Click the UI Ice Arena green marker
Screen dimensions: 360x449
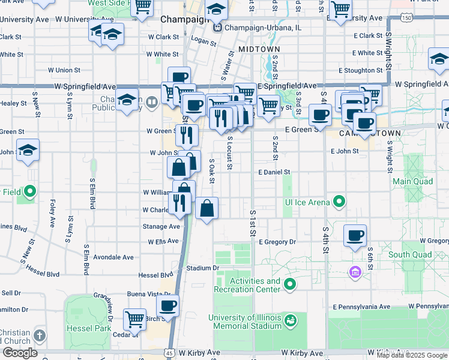pyautogui.click(x=339, y=202)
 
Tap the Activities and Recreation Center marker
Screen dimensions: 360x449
pyautogui.click(x=290, y=284)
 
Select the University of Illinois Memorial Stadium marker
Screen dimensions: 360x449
pyautogui.click(x=291, y=321)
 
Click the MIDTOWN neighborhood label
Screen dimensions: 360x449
pyautogui.click(x=259, y=49)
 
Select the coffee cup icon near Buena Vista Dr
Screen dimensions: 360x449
pyautogui.click(x=167, y=306)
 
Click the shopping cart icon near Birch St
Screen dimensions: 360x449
pyautogui.click(x=134, y=318)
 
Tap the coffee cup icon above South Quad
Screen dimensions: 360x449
pyautogui.click(x=355, y=236)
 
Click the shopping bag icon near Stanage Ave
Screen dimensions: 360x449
pyautogui.click(x=206, y=209)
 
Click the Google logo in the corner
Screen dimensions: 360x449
pyautogui.click(x=20, y=353)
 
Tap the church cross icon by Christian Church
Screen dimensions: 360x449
pyautogui.click(x=40, y=335)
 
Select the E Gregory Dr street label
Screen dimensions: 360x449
pyautogui.click(x=277, y=242)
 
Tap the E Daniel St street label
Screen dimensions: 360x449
pyautogui.click(x=274, y=172)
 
